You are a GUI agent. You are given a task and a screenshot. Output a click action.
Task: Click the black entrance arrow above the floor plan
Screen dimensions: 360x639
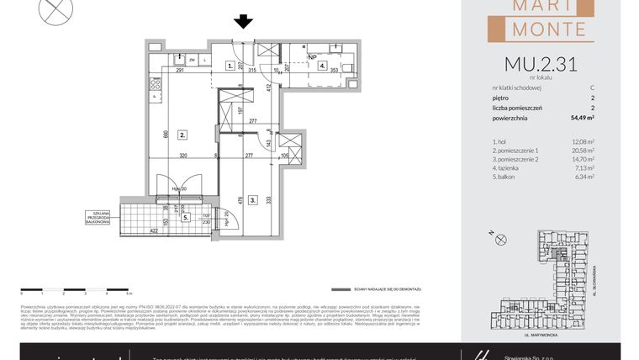(244, 22)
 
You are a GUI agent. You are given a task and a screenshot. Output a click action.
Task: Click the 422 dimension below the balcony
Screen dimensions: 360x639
(154, 230)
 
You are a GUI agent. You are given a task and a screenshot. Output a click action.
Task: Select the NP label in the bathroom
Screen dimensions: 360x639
(313, 57)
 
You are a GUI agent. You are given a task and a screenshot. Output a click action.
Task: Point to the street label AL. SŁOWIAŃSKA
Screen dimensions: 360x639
(594, 277)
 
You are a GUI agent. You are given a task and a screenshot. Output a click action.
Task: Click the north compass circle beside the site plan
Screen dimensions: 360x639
(501, 240)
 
